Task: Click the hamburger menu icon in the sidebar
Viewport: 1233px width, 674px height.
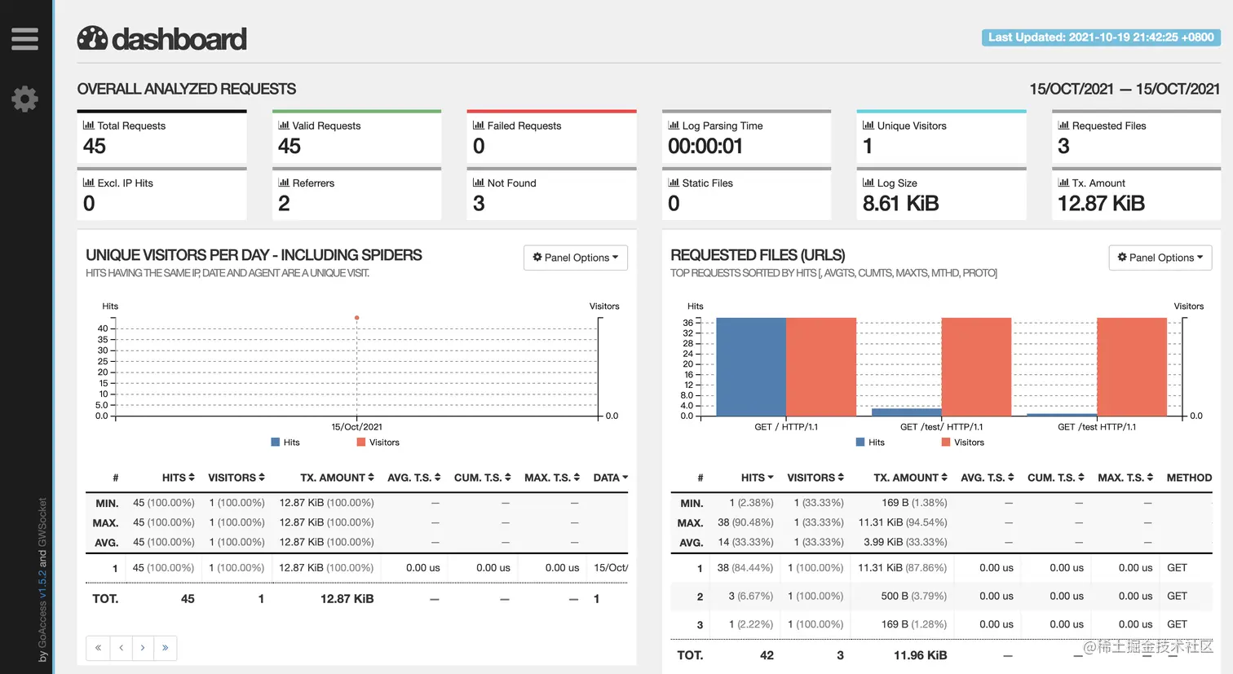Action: point(24,39)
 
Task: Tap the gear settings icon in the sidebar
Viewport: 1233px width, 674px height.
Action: point(24,99)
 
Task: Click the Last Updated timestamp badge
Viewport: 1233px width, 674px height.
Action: point(1101,37)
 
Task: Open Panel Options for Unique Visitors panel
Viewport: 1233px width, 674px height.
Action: point(576,258)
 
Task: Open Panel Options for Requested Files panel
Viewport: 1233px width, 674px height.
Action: point(1160,258)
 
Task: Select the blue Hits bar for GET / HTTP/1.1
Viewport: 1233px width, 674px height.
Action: point(751,367)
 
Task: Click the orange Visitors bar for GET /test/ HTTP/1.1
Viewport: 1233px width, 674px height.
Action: point(976,367)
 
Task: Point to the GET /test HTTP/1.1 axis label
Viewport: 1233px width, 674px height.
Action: point(1096,427)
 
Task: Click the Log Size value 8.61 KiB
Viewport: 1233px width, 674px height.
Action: point(900,204)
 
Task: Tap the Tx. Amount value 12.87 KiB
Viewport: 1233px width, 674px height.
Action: point(1101,204)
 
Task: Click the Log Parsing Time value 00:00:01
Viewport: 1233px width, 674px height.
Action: point(705,147)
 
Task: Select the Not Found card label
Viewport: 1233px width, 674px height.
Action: point(511,183)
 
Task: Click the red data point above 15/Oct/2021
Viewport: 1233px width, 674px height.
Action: point(356,318)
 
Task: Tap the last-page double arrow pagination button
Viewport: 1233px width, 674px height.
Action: point(165,648)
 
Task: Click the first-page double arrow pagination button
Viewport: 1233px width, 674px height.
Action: point(98,648)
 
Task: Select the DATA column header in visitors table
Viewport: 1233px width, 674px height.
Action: point(610,478)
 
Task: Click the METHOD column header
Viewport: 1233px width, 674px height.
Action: point(1188,478)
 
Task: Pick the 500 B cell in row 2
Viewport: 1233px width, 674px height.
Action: point(913,596)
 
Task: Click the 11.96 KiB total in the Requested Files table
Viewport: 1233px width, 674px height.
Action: point(920,655)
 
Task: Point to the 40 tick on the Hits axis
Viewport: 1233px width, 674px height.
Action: point(103,328)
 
